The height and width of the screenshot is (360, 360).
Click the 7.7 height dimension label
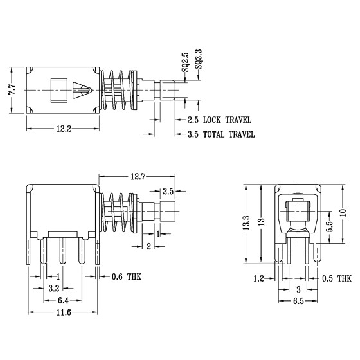click(x=12, y=90)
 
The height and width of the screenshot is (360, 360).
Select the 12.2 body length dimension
click(x=64, y=129)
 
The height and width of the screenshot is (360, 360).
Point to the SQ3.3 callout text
click(x=199, y=59)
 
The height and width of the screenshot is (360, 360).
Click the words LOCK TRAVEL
click(x=228, y=120)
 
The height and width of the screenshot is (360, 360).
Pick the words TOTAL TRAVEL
click(x=229, y=134)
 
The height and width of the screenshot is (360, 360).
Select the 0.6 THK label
click(x=127, y=276)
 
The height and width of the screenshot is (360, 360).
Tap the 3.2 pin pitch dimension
click(x=54, y=289)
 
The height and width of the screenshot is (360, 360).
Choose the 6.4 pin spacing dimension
click(x=63, y=300)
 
